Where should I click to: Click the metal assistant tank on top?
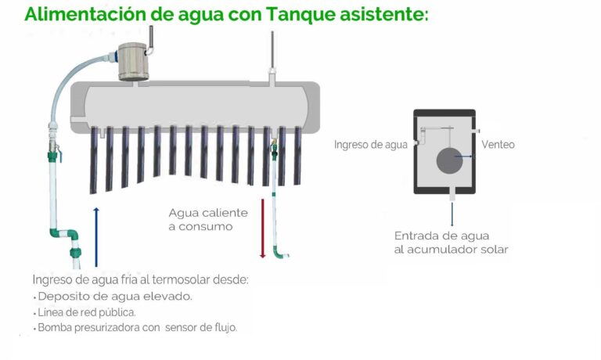pyautogui.click(x=132, y=61)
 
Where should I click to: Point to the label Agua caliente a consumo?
pyautogui.click(x=208, y=219)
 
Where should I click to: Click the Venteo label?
pyautogui.click(x=498, y=145)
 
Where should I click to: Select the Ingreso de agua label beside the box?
pyautogui.click(x=371, y=145)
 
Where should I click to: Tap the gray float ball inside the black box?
pyautogui.click(x=449, y=160)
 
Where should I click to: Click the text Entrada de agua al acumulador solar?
pyautogui.click(x=452, y=243)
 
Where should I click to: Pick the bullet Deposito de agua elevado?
pyautogui.click(x=114, y=297)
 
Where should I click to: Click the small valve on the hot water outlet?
pyautogui.click(x=274, y=148)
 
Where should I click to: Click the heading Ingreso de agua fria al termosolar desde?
pyautogui.click(x=140, y=279)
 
